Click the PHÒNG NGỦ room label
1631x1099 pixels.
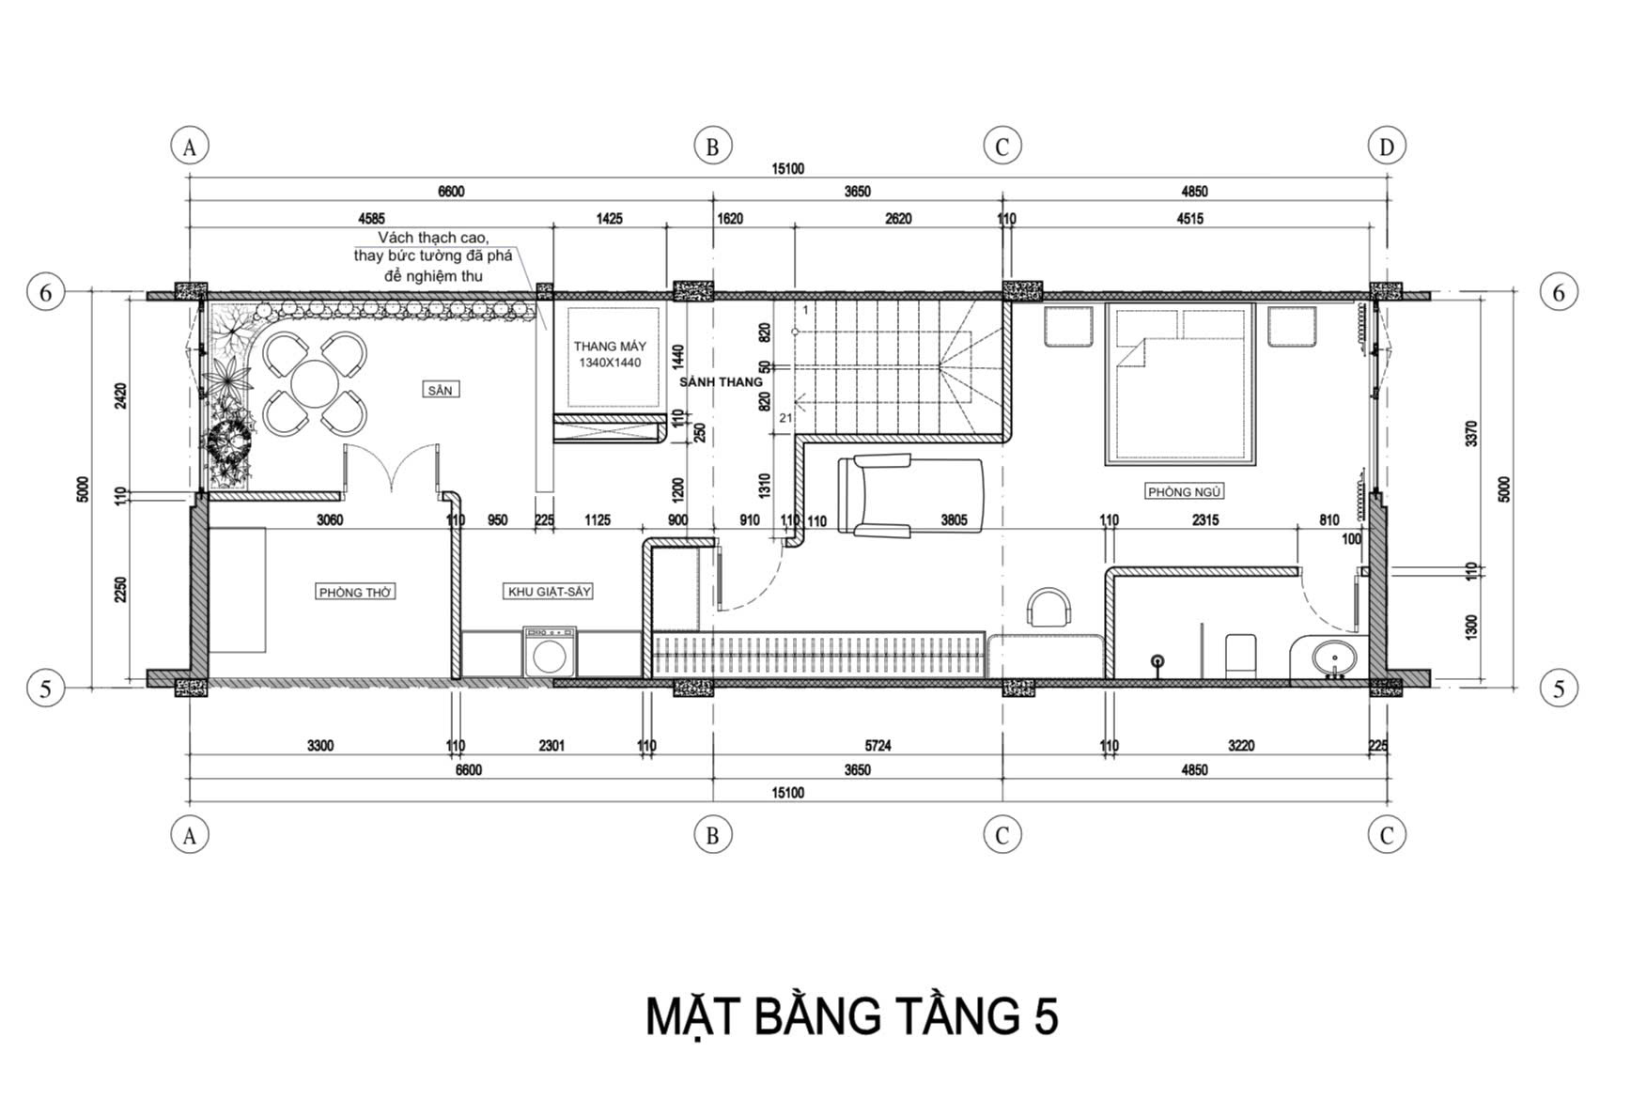pos(1184,491)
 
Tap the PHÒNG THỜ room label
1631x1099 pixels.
pos(355,592)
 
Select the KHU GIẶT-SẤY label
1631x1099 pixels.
pos(550,592)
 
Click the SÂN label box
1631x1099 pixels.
pos(440,390)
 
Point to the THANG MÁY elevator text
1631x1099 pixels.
pos(610,347)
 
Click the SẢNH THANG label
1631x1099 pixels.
pos(721,382)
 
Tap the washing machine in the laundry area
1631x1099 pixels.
pos(550,652)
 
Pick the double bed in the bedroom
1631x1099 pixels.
pos(1182,383)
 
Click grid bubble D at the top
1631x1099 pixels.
pos(1387,147)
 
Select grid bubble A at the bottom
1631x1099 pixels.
pos(190,835)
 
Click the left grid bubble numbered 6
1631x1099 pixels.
pos(45,293)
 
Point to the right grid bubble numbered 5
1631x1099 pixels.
pos(1559,689)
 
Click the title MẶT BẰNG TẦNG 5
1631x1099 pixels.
pos(852,1016)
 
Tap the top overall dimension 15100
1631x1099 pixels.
pos(788,169)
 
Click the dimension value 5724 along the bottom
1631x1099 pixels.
pos(878,746)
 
